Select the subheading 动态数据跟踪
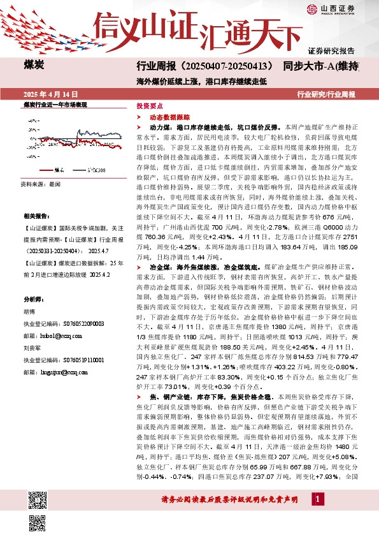pos(167,118)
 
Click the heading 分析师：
pos(35,299)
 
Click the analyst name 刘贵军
pos(32,349)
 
